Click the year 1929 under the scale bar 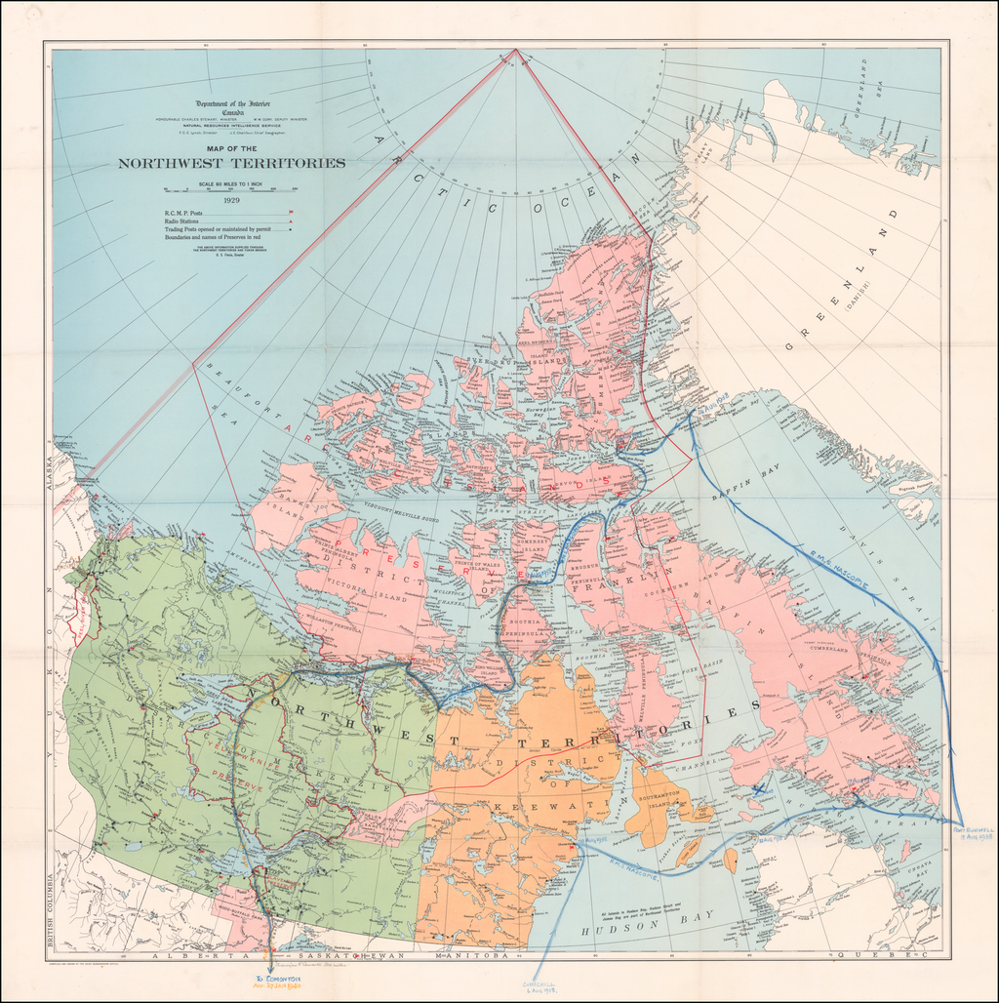click(x=231, y=200)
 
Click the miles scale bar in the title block click(x=231, y=189)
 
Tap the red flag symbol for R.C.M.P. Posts click(x=291, y=212)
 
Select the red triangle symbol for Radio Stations click(x=291, y=222)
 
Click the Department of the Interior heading click(x=232, y=103)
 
